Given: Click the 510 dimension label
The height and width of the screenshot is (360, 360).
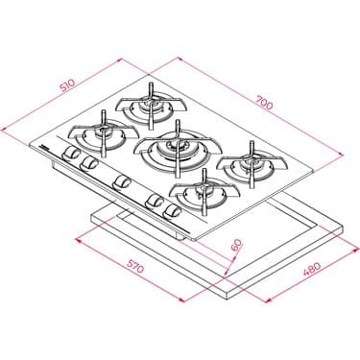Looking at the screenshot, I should [x=66, y=85].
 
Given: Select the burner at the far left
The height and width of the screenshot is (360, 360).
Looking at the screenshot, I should [x=100, y=134].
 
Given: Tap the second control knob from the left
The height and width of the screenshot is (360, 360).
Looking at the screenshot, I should [x=89, y=165].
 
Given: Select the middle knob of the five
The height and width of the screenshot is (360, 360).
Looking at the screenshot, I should [x=121, y=181].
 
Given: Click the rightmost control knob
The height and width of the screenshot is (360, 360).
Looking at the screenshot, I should [x=173, y=209].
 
